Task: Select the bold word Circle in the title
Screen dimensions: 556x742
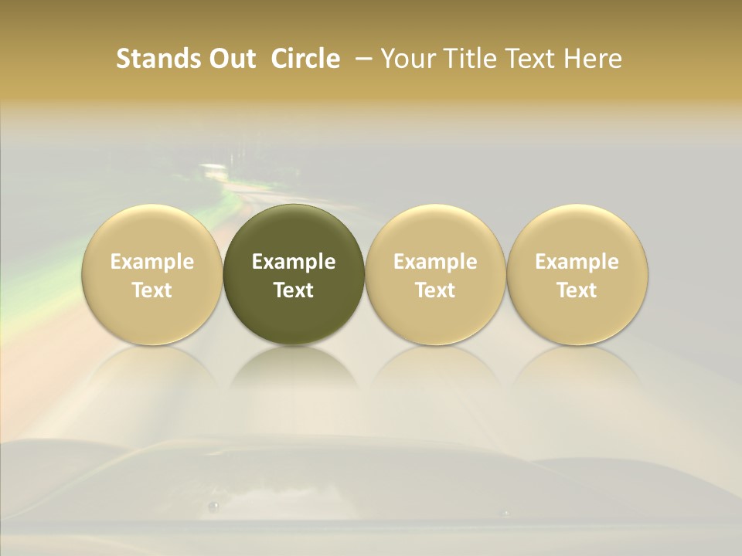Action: coord(305,59)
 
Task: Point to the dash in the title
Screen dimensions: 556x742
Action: coord(360,59)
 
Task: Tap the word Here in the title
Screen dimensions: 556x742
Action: coord(593,59)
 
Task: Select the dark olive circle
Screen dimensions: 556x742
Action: coord(294,274)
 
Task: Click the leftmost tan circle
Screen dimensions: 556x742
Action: coord(151,274)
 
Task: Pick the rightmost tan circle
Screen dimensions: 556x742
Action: coord(577,274)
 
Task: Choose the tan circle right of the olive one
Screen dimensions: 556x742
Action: coord(435,274)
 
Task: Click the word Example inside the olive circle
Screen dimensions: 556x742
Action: coord(294,262)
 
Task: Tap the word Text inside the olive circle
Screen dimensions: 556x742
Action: coord(294,290)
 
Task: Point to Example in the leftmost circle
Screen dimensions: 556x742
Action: coord(151,262)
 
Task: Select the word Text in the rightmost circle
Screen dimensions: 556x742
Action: coord(577,290)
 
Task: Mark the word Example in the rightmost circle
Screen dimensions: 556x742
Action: coord(577,262)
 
